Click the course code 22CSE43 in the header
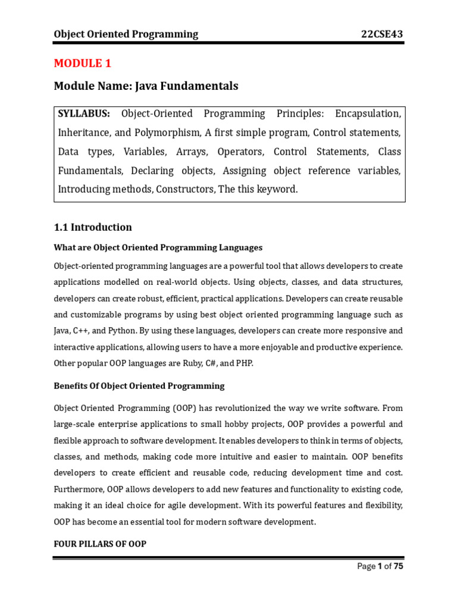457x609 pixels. click(382, 34)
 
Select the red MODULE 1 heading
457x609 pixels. click(83, 63)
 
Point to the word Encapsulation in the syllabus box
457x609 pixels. click(368, 114)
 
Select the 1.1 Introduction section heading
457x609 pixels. click(93, 227)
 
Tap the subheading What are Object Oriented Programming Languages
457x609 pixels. click(158, 247)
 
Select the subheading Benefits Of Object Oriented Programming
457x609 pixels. click(139, 386)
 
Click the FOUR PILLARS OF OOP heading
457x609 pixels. click(100, 544)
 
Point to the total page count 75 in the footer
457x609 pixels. click(398, 566)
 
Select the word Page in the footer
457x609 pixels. click(366, 566)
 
